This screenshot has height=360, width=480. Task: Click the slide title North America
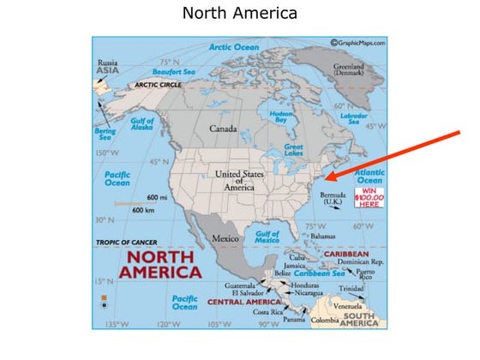(239, 14)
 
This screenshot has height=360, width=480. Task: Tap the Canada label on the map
(223, 129)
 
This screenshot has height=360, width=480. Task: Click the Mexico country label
(225, 237)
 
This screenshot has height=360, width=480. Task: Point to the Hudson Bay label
(282, 117)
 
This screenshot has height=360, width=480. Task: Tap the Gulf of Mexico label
(267, 237)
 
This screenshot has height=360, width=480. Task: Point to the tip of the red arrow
(327, 180)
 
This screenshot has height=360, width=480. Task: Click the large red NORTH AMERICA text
(161, 264)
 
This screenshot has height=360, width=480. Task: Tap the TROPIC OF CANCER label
(127, 243)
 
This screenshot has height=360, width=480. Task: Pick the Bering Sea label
(104, 135)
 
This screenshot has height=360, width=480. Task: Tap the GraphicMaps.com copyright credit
(357, 43)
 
